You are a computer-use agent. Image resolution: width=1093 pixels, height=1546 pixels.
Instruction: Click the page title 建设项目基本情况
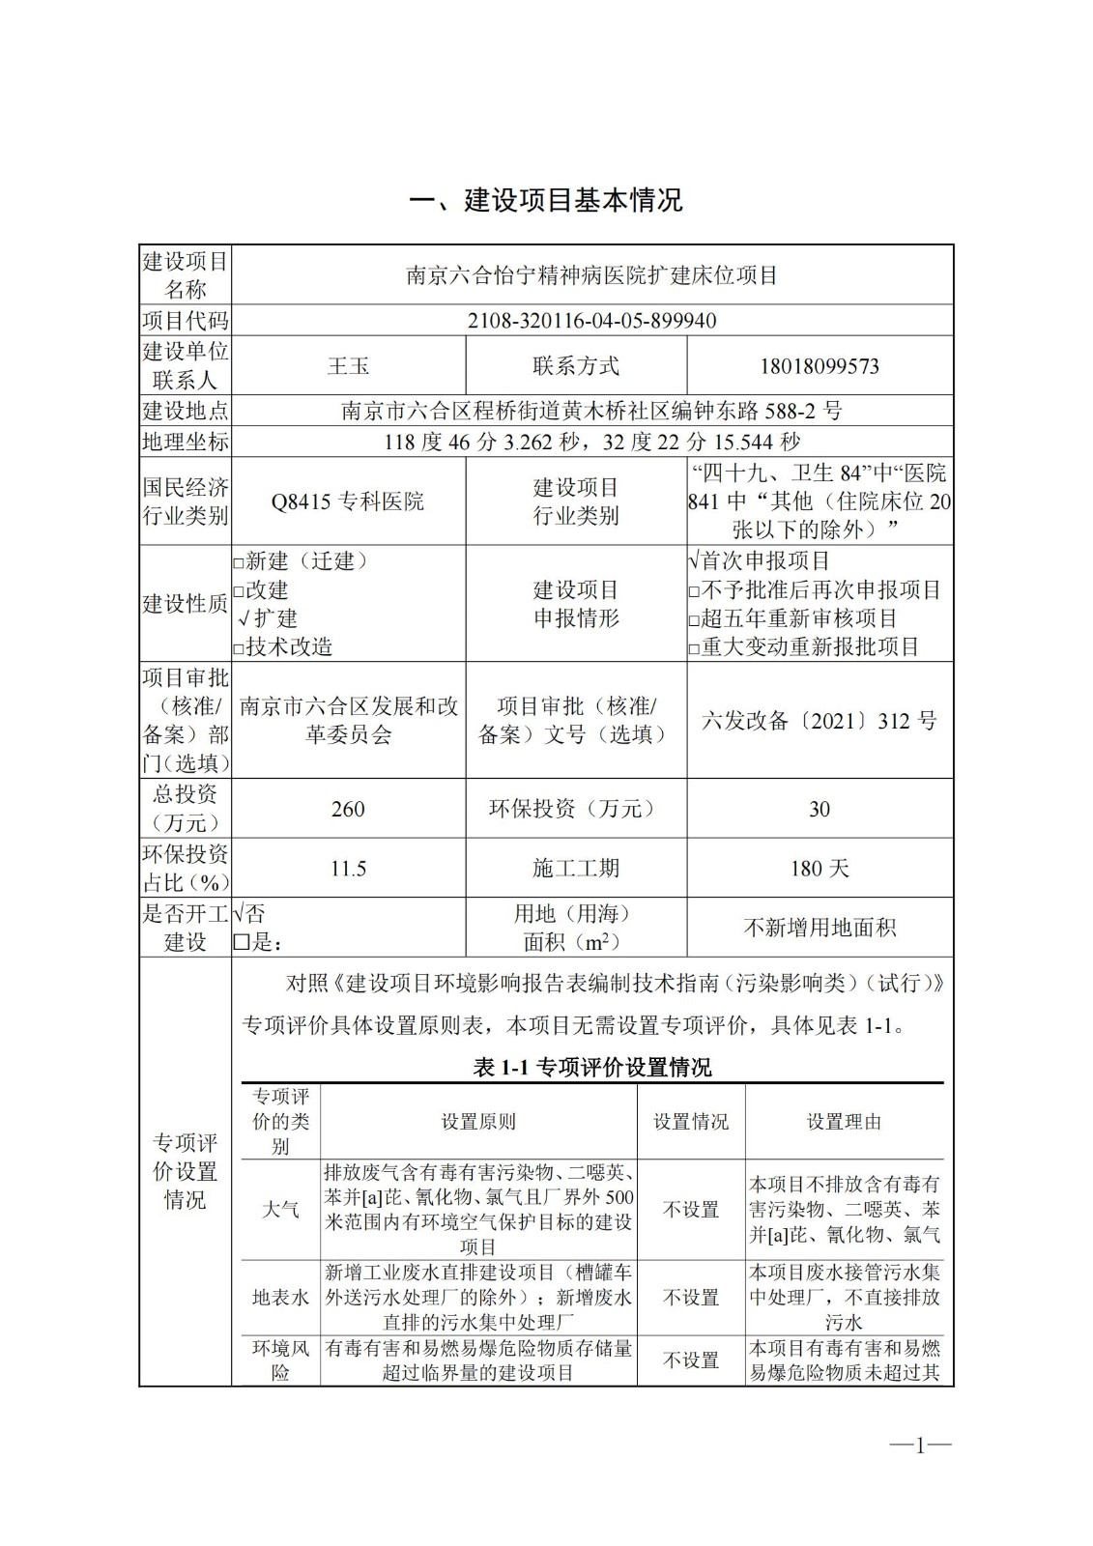point(546,200)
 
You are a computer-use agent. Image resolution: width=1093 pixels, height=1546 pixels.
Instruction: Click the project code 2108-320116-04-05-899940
point(591,320)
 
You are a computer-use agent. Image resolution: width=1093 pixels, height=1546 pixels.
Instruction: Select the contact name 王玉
point(348,366)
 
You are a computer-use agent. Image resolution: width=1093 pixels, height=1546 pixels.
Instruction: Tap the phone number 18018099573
point(820,366)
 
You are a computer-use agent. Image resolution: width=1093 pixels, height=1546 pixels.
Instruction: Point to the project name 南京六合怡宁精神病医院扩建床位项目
point(591,275)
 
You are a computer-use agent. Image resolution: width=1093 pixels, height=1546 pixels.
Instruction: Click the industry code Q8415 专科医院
point(348,501)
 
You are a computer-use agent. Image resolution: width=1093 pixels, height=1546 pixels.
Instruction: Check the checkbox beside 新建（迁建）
point(239,562)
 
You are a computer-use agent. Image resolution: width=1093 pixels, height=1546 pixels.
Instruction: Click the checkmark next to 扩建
point(244,618)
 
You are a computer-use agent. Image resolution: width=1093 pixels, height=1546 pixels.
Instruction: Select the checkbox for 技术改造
point(239,648)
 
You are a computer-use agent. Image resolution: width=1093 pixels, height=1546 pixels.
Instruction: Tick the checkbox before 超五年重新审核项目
point(694,619)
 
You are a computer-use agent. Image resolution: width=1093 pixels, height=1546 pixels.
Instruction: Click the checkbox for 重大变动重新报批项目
point(694,648)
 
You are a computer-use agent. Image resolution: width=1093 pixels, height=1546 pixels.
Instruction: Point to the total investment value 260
point(348,809)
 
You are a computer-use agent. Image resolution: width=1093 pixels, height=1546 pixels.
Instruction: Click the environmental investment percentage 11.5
point(348,869)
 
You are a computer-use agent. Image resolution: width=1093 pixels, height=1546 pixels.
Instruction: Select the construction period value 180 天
point(820,869)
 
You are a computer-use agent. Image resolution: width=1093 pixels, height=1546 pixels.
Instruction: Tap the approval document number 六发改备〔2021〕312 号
point(820,721)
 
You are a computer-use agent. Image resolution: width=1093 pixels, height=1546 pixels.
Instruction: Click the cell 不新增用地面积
point(820,928)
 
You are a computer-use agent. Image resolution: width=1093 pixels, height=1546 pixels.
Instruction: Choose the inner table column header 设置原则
point(478,1122)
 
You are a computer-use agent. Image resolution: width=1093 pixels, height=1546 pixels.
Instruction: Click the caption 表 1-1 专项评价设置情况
point(591,1067)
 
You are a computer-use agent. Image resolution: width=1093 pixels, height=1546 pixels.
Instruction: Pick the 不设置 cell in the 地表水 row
point(691,1298)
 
